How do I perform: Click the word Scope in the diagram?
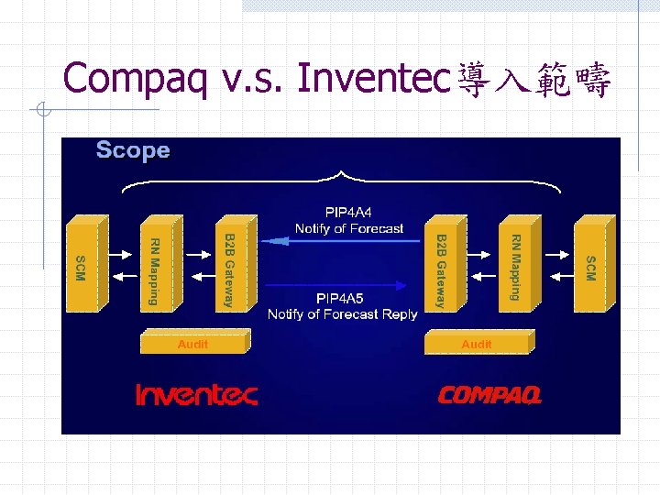coord(133,150)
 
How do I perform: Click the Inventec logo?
coord(196,395)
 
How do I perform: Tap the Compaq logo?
coord(489,395)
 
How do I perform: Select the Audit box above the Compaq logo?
coord(477,344)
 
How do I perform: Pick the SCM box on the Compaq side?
coord(589,267)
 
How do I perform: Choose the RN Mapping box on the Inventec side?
coord(156,267)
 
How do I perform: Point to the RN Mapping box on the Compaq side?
coord(515,267)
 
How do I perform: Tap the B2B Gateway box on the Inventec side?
coord(228,269)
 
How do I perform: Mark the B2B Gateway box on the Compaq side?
coord(441,269)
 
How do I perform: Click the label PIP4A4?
coord(348,213)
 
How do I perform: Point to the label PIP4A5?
coord(340,299)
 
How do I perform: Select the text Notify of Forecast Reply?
coord(342,314)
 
